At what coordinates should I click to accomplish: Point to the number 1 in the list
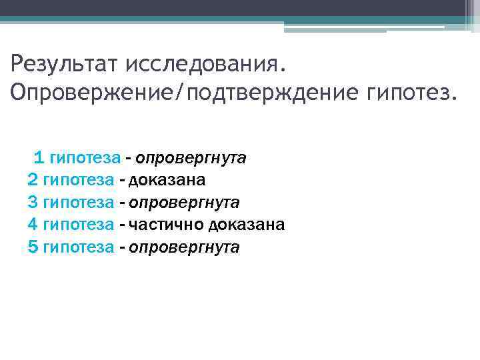point(39,157)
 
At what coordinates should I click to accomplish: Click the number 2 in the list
point(33,180)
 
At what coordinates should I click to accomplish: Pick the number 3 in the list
point(33,202)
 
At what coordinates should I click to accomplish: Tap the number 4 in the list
point(33,225)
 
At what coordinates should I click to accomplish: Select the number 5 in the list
point(33,247)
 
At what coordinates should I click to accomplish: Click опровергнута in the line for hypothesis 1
point(191,158)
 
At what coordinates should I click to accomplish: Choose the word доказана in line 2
point(167,180)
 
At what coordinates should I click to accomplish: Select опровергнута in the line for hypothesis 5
point(184,247)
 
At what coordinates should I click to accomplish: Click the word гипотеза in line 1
point(85,158)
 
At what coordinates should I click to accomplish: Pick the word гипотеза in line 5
point(78,247)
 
